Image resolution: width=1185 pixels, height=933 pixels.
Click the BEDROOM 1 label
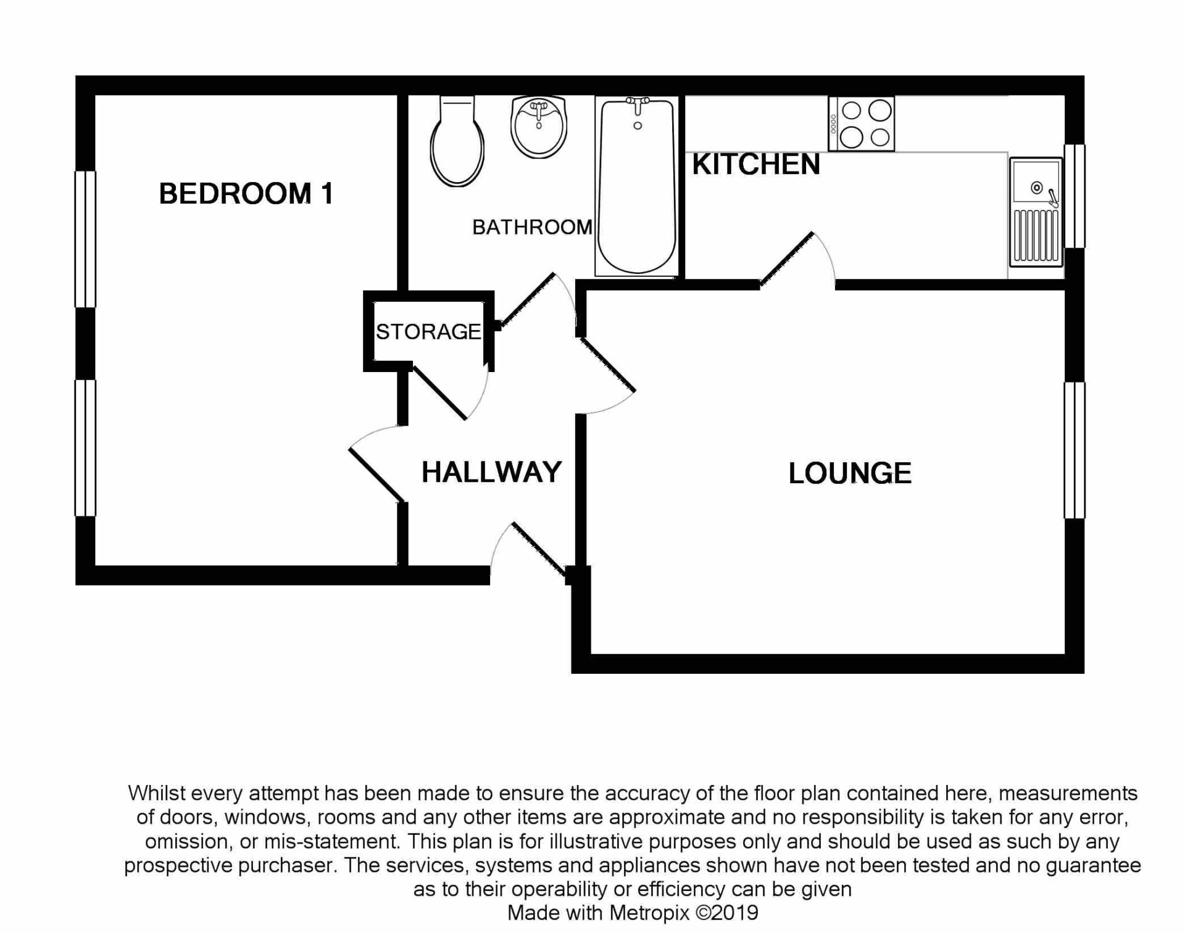point(246,194)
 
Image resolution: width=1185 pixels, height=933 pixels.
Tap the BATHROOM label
point(532,228)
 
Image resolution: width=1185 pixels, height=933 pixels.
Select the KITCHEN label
point(756,165)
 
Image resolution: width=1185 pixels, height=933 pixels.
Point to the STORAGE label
point(428,332)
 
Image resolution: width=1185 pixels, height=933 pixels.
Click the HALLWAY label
point(491,472)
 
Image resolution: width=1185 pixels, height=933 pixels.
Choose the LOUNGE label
point(850,473)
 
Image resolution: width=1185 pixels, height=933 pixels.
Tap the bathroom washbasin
point(539,126)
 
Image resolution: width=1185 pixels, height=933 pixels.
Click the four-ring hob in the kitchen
point(862,124)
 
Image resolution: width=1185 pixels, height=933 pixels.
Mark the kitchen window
point(1075,196)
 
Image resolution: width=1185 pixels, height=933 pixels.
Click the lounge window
point(1075,450)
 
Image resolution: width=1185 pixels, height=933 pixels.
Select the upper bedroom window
point(85,239)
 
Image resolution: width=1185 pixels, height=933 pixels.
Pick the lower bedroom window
point(85,447)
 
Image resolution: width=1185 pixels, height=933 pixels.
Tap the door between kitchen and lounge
point(786,259)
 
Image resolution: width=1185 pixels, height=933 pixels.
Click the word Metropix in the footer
point(650,913)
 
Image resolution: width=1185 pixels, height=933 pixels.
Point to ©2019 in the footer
point(726,913)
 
